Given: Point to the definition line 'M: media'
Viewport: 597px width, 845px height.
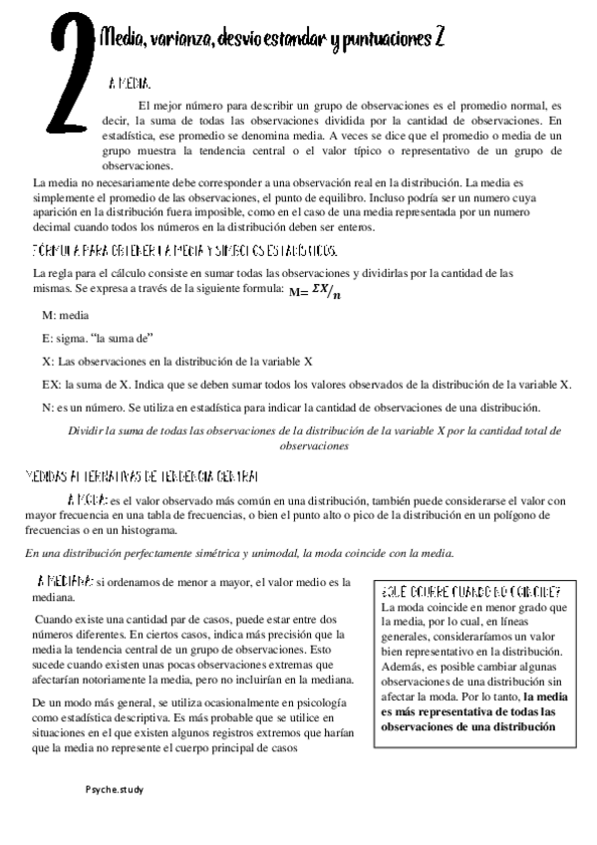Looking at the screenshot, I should [x=65, y=314].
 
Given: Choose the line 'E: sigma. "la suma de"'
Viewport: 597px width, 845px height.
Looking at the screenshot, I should [x=97, y=338].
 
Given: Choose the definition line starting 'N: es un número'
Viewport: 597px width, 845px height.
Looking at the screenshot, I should [x=290, y=407].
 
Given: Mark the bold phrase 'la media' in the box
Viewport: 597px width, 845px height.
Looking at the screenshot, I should [x=546, y=698].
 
